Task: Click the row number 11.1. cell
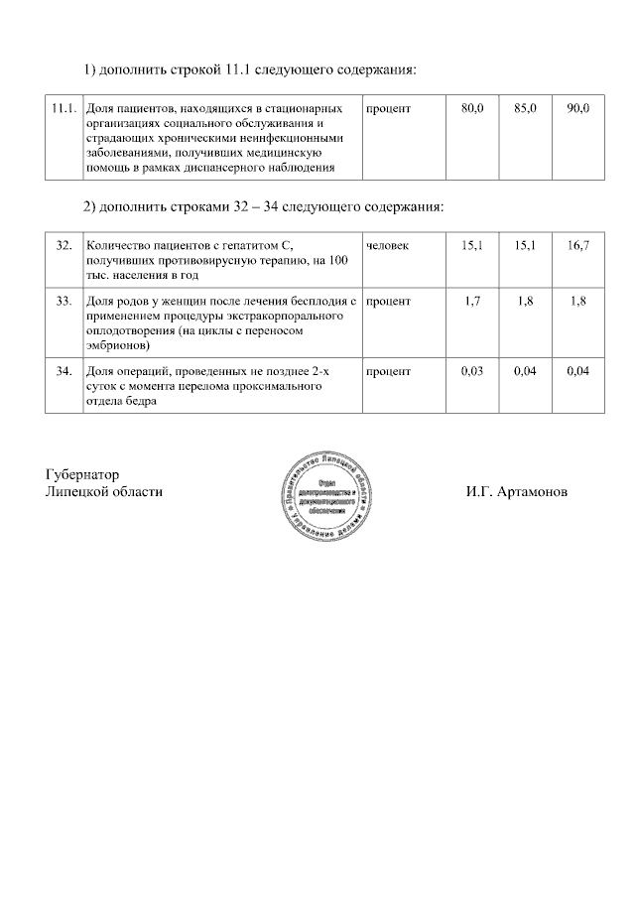click(x=63, y=107)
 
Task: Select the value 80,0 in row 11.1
click(x=472, y=107)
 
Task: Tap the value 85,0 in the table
click(x=525, y=107)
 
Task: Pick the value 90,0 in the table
click(x=577, y=107)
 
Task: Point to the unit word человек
click(x=387, y=245)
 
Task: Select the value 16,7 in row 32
click(x=577, y=245)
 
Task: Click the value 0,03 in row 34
click(x=472, y=370)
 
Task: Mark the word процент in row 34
click(x=388, y=370)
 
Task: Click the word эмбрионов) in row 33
click(x=118, y=345)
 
